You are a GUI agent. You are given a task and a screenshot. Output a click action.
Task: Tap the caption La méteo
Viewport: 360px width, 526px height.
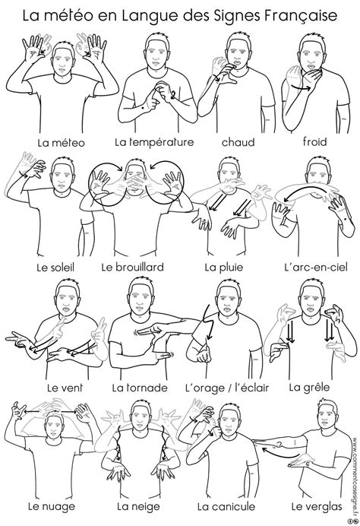(61, 143)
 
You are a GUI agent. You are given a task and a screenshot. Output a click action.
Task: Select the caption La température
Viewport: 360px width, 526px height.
(154, 142)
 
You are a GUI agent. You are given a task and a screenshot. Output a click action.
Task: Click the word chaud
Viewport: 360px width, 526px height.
(238, 142)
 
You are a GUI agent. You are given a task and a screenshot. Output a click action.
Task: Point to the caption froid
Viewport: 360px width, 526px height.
(314, 141)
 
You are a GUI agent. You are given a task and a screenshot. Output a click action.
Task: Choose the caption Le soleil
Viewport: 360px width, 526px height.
(55, 268)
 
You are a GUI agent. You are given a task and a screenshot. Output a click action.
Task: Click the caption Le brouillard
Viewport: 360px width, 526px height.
(133, 267)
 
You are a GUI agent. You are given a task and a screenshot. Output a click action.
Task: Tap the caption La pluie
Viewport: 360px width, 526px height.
(224, 268)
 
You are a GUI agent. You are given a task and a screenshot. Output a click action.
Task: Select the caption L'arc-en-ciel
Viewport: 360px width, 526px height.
(315, 267)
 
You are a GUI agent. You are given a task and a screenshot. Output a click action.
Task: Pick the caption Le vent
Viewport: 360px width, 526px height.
(65, 388)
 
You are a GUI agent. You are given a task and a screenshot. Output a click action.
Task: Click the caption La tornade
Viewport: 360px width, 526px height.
(140, 388)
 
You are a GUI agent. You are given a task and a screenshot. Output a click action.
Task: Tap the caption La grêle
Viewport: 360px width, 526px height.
(309, 388)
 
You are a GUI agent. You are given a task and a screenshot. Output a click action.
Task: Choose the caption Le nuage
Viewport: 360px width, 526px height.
(52, 506)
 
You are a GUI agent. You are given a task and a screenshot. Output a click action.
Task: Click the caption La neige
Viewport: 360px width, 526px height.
(138, 506)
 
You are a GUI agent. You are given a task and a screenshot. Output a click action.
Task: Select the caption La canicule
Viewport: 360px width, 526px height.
(226, 506)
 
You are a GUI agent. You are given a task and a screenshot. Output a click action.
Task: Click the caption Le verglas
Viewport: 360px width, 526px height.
(317, 506)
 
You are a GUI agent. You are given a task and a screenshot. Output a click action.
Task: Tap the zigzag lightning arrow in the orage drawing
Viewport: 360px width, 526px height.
(208, 322)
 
